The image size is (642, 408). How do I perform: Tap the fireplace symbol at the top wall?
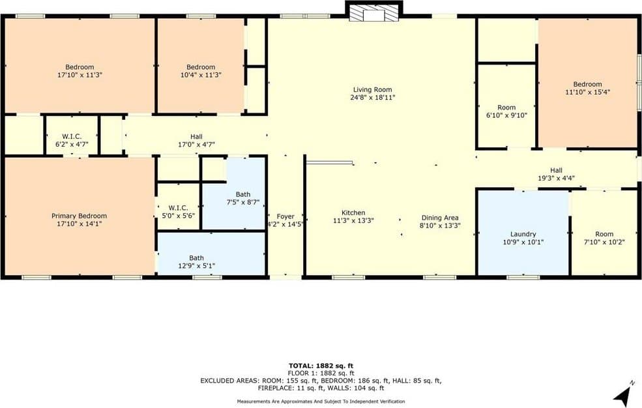pos(373,13)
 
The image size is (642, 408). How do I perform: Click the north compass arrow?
pos(622,394)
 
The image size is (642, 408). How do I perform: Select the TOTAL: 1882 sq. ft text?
pos(321,366)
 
